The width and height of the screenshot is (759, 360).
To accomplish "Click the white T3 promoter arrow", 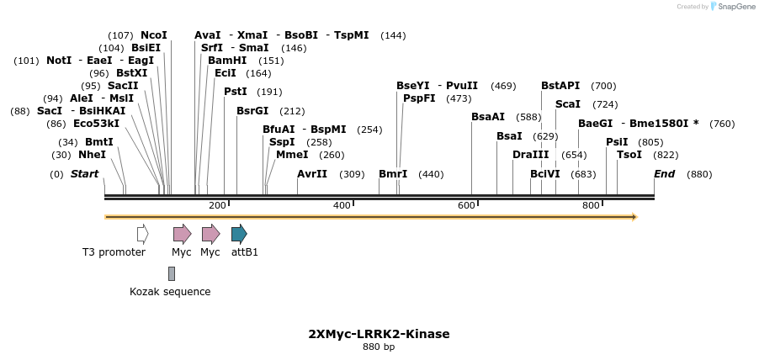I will (x=142, y=234).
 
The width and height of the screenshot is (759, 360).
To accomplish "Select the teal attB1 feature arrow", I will (x=239, y=234).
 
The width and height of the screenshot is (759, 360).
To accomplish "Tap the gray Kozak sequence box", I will (x=172, y=273).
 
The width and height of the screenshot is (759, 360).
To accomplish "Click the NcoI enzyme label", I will (x=154, y=35).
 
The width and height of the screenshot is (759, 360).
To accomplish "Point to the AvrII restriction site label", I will (x=312, y=174).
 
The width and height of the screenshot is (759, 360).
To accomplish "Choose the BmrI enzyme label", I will (x=393, y=174).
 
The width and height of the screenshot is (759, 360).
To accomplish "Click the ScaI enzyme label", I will (x=568, y=104).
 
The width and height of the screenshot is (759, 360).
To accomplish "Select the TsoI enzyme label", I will (x=629, y=155).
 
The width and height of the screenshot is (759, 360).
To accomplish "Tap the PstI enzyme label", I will (x=236, y=92).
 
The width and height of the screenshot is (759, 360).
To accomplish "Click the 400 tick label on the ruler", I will (x=342, y=205).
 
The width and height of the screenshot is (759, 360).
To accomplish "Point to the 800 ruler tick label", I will (x=591, y=205).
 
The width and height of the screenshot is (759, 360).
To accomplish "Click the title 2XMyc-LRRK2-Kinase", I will (x=379, y=334).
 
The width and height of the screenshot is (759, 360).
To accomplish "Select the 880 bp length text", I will (x=379, y=347).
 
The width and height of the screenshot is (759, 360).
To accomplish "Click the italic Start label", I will (x=84, y=174).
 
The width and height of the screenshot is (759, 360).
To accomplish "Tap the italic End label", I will (x=664, y=174).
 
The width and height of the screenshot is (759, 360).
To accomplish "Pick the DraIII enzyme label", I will (x=530, y=155).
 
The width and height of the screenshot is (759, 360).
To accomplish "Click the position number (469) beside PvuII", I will (x=503, y=86).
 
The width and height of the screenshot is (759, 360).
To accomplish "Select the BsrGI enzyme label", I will (x=252, y=111).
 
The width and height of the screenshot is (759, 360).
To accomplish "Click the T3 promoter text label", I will (x=114, y=252).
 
